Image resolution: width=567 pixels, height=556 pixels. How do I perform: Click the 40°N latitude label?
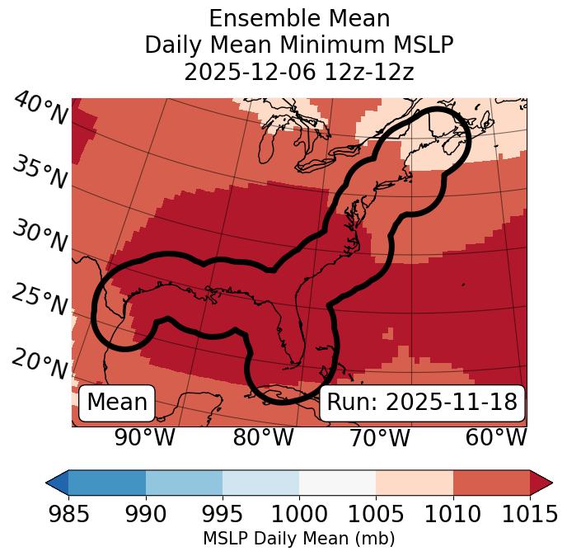pyautogui.click(x=40, y=109)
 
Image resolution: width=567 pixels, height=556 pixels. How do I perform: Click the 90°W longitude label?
pyautogui.click(x=144, y=437)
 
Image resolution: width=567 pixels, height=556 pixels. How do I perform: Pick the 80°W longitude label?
pyautogui.click(x=263, y=437)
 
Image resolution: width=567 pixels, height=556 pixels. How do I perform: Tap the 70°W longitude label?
pyautogui.click(x=379, y=437)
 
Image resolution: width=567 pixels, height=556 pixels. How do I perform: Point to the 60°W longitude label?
pyautogui.click(x=496, y=437)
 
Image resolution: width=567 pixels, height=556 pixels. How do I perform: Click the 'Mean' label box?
pyautogui.click(x=117, y=403)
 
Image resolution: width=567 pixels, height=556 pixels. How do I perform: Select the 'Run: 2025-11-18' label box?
pyautogui.click(x=422, y=403)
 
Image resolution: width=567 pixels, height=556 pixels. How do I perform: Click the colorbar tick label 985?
pyautogui.click(x=68, y=514)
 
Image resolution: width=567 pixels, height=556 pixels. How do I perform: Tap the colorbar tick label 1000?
pyautogui.click(x=299, y=514)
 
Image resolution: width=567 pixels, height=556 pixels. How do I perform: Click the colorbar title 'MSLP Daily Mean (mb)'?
pyautogui.click(x=298, y=539)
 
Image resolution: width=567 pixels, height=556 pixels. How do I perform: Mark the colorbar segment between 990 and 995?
pyautogui.click(x=184, y=483)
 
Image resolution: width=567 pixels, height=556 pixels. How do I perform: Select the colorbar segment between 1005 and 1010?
pyautogui.click(x=415, y=483)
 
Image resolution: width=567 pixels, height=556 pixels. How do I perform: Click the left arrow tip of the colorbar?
pyautogui.click(x=49, y=483)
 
